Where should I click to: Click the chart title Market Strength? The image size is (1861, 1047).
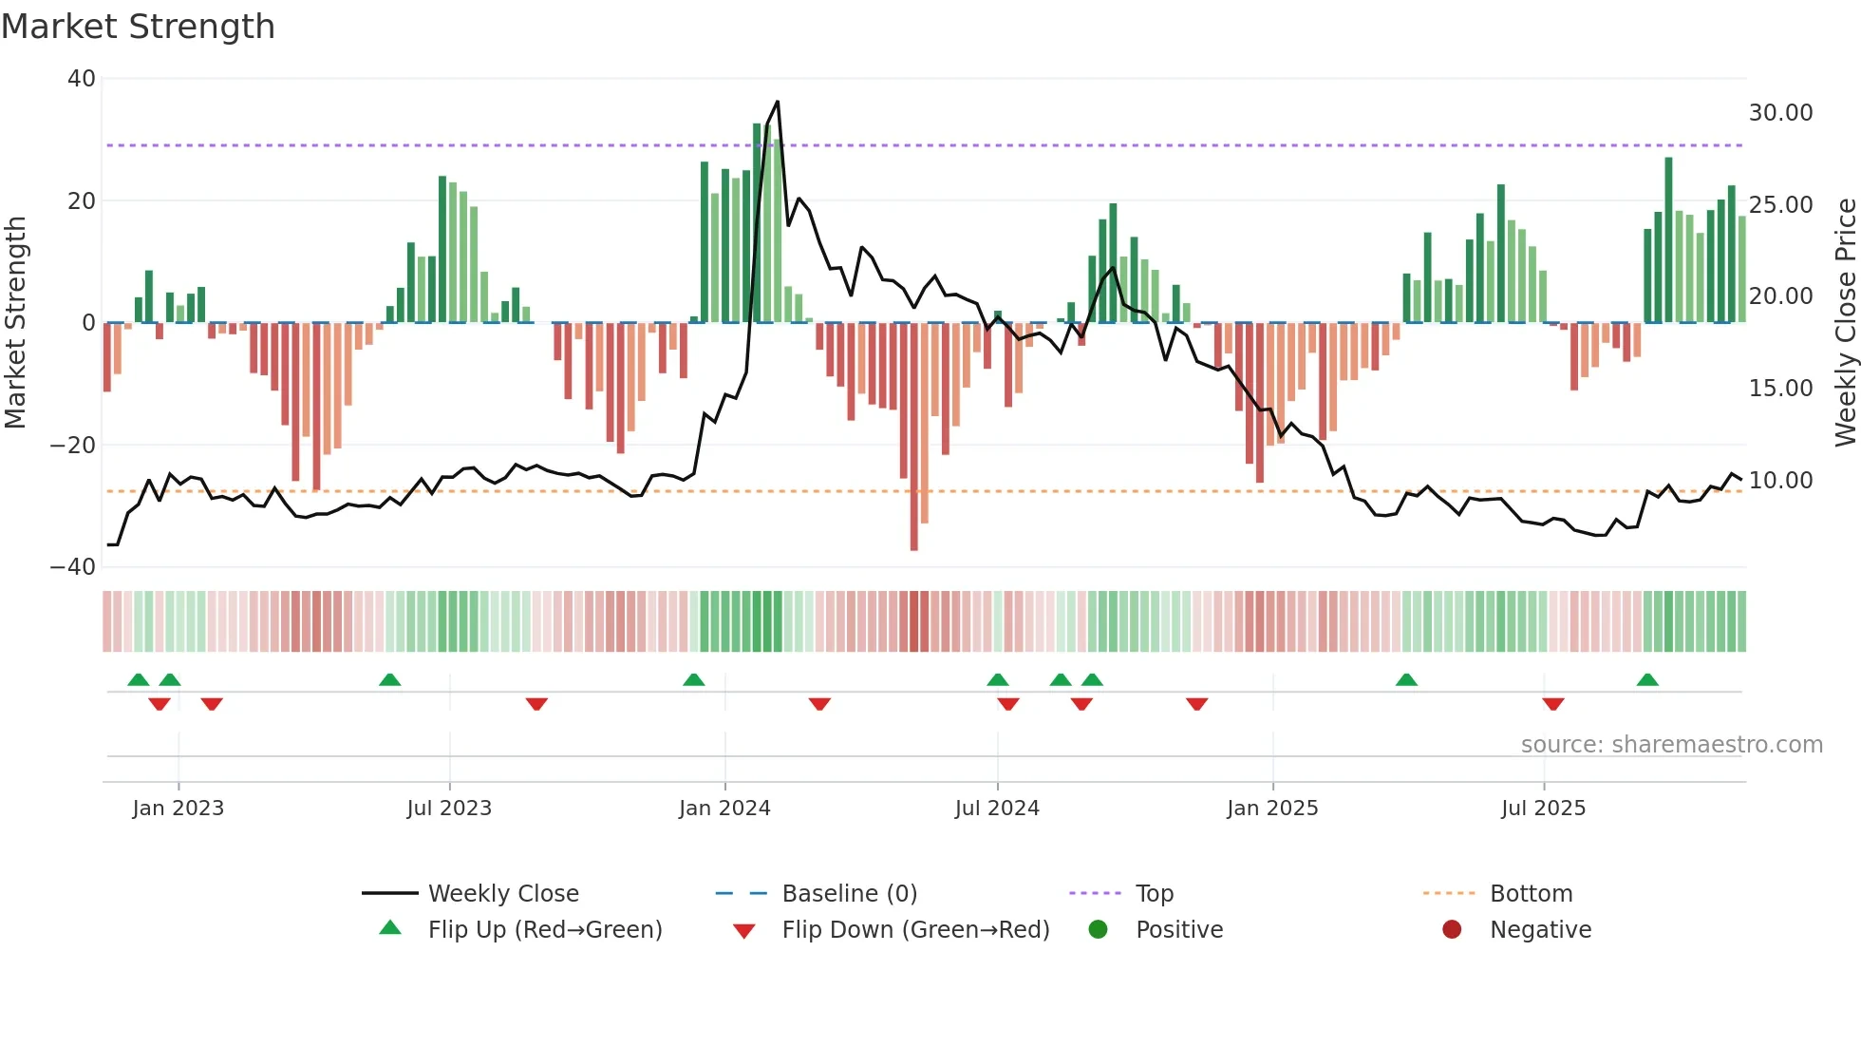138,27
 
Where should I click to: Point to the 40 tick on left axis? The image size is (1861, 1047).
82,79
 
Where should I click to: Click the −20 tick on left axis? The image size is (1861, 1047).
73,445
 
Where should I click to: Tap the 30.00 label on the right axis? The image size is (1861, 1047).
1780,113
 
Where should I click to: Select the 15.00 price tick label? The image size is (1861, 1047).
1780,389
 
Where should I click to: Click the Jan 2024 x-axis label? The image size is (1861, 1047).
724,809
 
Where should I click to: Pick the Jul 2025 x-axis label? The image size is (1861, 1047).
1543,809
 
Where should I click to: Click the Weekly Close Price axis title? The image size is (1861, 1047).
1845,323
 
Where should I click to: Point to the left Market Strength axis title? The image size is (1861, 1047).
15,323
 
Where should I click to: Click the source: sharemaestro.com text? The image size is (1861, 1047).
1671,745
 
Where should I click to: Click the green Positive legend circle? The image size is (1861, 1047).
1099,930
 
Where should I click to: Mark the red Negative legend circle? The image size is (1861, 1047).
1452,930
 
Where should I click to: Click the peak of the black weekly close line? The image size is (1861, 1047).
778,102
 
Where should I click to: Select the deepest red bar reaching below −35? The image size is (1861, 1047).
913,437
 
